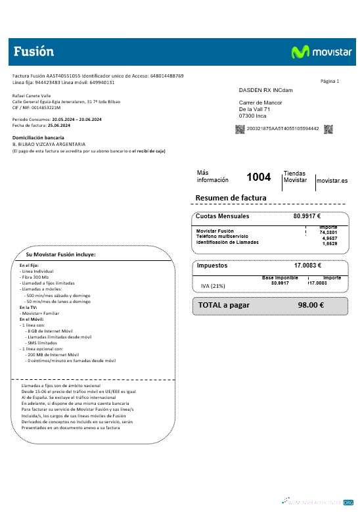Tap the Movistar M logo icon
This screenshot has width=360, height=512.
point(300,52)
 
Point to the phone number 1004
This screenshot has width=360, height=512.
point(258,177)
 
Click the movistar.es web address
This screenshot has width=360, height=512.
point(332,180)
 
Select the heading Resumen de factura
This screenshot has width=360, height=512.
point(231,198)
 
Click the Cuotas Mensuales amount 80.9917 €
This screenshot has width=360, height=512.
point(306,216)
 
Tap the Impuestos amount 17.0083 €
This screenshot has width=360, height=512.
point(307,266)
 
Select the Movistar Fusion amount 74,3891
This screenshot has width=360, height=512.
point(328,232)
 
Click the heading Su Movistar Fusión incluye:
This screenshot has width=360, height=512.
point(61,254)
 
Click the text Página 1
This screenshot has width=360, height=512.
point(330,81)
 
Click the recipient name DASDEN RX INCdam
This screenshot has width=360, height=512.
point(265,90)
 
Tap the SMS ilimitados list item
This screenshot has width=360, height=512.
point(42,342)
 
